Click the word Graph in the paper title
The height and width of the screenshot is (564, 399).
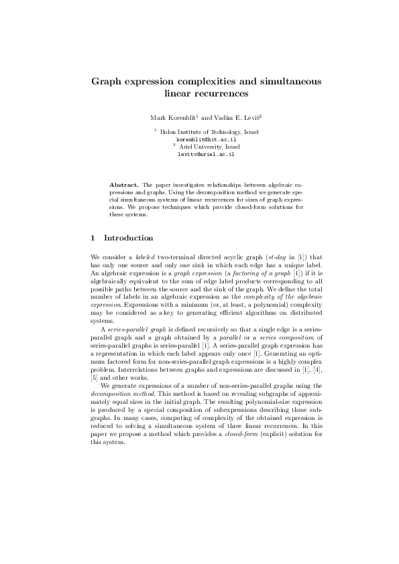(109, 82)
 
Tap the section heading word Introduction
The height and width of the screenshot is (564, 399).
(129, 238)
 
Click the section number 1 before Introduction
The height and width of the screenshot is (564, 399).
(93, 238)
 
